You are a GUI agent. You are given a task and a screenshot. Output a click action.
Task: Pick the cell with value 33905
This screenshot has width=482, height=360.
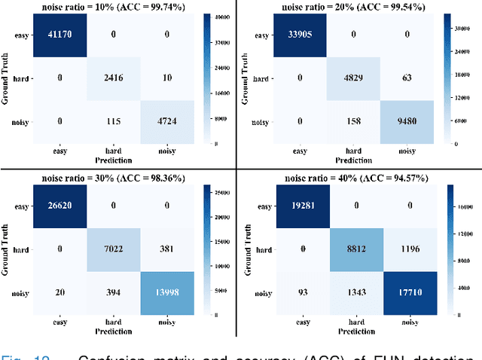302,35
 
